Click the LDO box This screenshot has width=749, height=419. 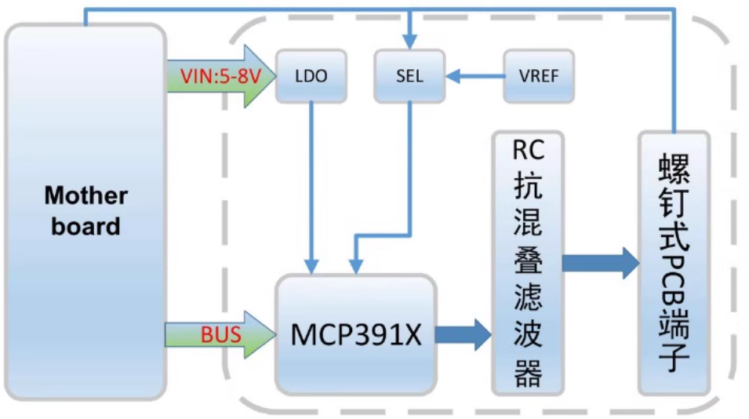click(x=311, y=76)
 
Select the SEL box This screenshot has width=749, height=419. click(x=409, y=76)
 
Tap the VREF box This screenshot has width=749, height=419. click(x=538, y=76)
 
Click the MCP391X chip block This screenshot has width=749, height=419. click(x=355, y=334)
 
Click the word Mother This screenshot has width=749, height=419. click(x=85, y=195)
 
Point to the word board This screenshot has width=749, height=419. click(x=85, y=227)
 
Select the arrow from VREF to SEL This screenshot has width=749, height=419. click(x=474, y=76)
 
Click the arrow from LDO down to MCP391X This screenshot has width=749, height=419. click(x=313, y=188)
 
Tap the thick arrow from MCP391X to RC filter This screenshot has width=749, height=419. click(x=463, y=335)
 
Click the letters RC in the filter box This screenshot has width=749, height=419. click(x=528, y=151)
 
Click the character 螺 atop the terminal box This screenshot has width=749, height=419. click(x=673, y=168)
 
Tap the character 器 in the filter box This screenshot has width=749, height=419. click(x=528, y=373)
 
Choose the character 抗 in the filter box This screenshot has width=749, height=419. click(x=528, y=188)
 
